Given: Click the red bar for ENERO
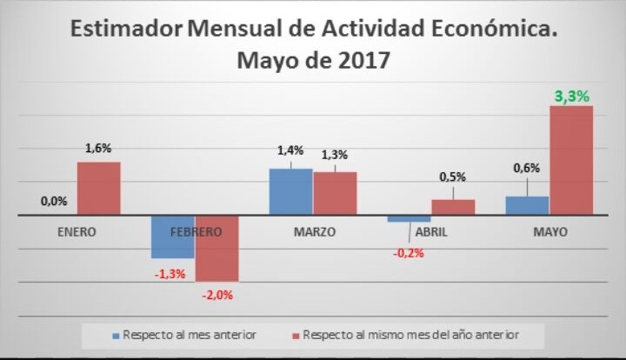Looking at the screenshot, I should (x=99, y=188).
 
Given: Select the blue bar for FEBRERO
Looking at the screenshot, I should (x=173, y=236).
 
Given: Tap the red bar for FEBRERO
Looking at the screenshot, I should (x=217, y=247).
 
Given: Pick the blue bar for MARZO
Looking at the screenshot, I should (x=290, y=190).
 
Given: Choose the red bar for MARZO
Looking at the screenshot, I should (x=335, y=192).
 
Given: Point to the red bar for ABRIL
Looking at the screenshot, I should (x=453, y=206).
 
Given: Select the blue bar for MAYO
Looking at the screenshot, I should (x=527, y=205).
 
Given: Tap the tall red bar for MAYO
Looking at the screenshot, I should (x=571, y=160).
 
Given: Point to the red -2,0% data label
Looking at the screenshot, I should (x=217, y=295).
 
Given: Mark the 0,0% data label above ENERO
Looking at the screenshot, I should (x=54, y=201).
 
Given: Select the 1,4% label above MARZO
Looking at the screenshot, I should (x=290, y=150).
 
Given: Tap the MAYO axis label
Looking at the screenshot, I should (x=549, y=232).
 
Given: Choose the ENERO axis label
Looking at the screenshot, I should (x=77, y=232).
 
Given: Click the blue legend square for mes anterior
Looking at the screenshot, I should (x=115, y=334).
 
